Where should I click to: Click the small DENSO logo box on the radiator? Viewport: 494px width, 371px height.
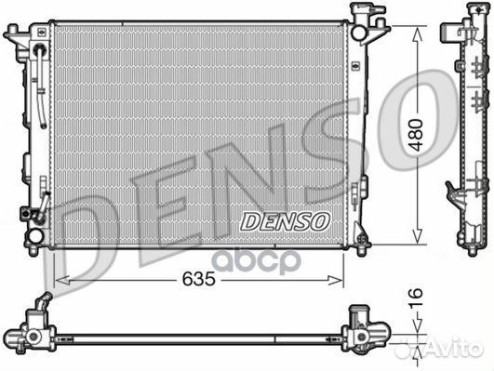pos(285,220)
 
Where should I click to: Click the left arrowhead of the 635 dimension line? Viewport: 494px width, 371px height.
pos(60,277)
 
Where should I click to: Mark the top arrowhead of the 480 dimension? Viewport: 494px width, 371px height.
pos(422,29)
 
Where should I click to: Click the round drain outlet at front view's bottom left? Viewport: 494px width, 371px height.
pos(34,236)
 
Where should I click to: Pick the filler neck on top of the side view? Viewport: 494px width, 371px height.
pos(467,16)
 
